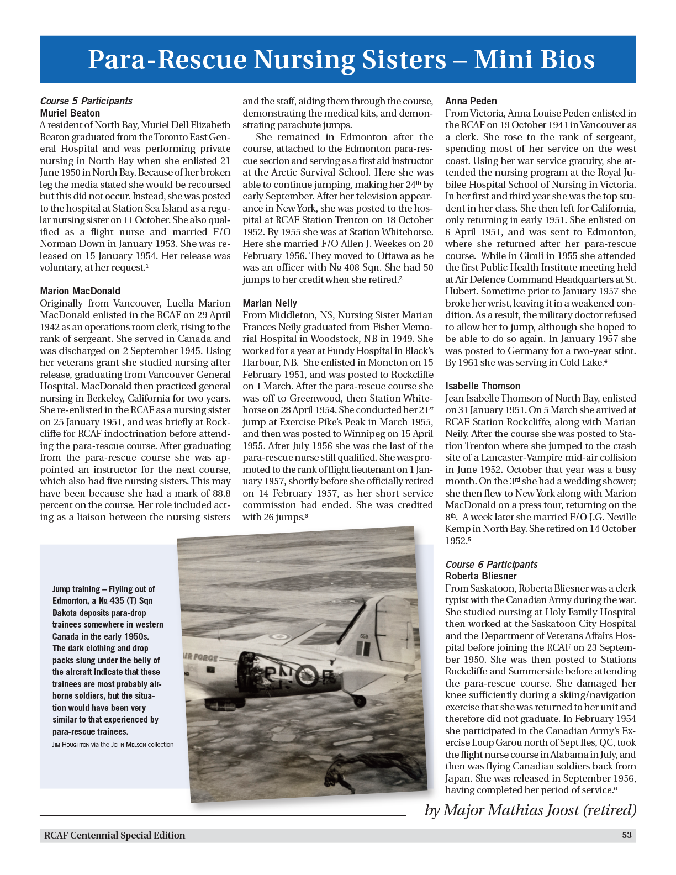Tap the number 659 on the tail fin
pyautogui.click(x=364, y=637)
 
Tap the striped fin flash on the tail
pyautogui.click(x=362, y=648)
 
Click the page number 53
pyautogui.click(x=626, y=835)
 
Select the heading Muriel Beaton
pyautogui.click(x=70, y=113)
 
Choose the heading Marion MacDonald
pyautogui.click(x=80, y=291)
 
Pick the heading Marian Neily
pyautogui.click(x=270, y=303)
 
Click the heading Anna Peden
pyautogui.click(x=471, y=101)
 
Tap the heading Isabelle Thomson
pyautogui.click(x=483, y=386)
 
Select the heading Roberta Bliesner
pyautogui.click(x=481, y=576)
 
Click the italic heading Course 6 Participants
pyautogui.click(x=492, y=565)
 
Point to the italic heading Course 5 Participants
pyautogui.click(x=86, y=101)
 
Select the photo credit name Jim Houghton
pyautogui.click(x=71, y=745)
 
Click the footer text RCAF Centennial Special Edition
pyautogui.click(x=115, y=835)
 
